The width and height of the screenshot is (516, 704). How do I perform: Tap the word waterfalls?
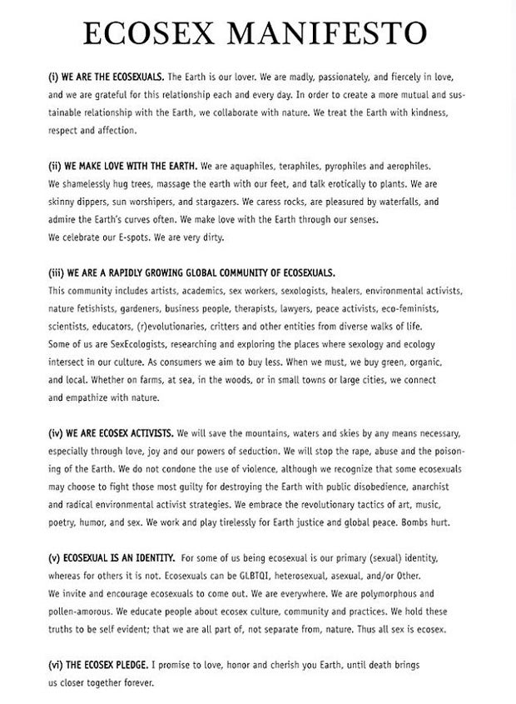[x=405, y=202]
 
